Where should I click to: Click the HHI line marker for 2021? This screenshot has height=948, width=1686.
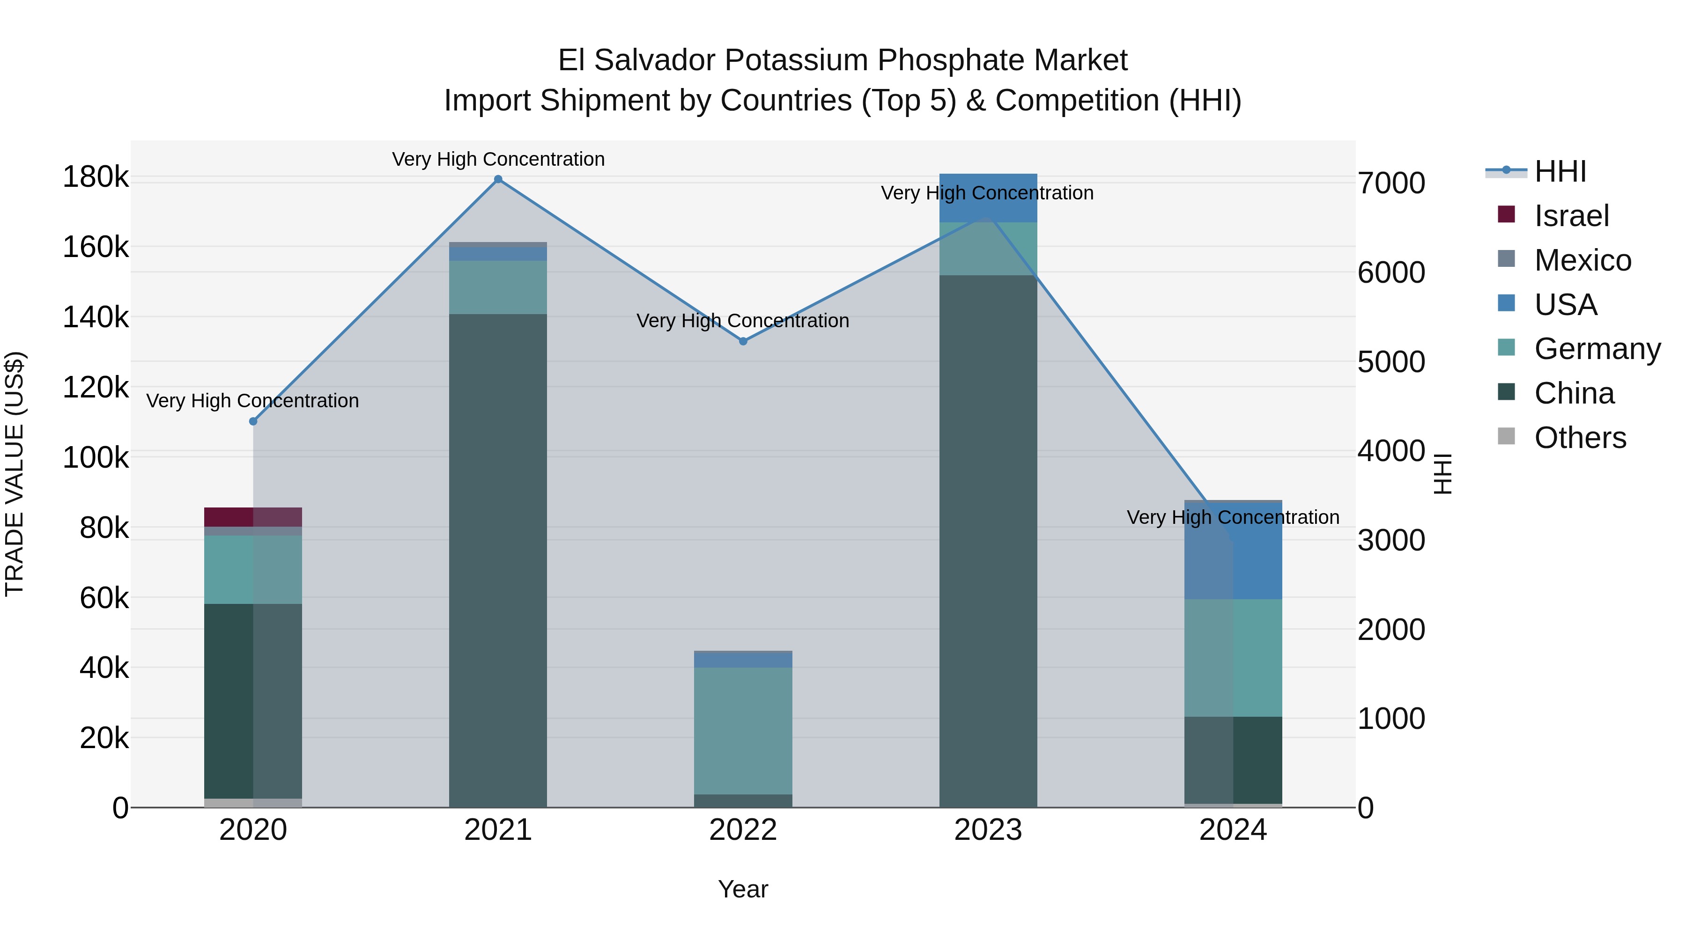[x=498, y=179]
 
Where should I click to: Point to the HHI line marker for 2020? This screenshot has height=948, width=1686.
[x=253, y=421]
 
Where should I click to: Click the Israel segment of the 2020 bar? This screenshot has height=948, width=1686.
[x=253, y=517]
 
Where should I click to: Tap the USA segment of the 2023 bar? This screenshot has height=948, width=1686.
[x=988, y=198]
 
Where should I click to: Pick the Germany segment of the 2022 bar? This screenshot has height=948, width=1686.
[x=743, y=731]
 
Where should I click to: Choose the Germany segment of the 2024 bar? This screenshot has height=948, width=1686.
[x=1233, y=658]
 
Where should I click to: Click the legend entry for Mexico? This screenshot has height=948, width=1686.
[x=1582, y=260]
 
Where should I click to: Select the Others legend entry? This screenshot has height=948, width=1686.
[x=1580, y=438]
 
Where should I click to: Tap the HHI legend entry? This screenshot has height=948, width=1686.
[x=1560, y=171]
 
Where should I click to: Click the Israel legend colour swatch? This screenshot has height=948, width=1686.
[x=1506, y=214]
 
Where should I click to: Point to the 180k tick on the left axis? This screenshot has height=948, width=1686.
[x=96, y=177]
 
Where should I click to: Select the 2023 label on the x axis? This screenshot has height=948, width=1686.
[x=988, y=830]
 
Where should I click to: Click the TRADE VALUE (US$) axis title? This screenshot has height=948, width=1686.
[x=15, y=474]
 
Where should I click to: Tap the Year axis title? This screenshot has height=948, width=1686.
[x=743, y=889]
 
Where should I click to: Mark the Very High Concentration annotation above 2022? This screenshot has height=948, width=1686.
[x=743, y=321]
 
